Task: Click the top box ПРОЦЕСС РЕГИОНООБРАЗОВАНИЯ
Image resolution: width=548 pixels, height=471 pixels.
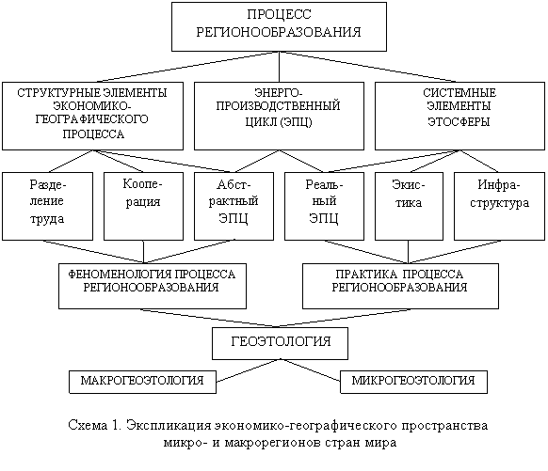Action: (279, 26)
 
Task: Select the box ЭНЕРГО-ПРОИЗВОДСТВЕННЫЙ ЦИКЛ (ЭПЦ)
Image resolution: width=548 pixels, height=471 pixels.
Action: (279, 117)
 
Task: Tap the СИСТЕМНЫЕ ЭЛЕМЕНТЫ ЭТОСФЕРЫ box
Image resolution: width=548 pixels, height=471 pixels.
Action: (459, 117)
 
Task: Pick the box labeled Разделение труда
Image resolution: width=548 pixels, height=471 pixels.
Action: (47, 206)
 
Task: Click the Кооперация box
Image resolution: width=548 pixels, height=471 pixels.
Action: (143, 206)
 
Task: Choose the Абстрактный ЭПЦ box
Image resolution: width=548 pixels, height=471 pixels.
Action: (234, 206)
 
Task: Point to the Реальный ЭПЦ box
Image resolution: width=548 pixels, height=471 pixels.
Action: (324, 206)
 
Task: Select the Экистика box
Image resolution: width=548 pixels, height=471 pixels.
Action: (409, 206)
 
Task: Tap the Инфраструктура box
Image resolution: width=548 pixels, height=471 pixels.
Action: (499, 206)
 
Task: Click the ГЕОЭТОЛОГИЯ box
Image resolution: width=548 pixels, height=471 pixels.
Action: (280, 343)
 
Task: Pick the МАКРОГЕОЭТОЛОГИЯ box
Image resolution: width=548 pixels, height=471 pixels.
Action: (142, 382)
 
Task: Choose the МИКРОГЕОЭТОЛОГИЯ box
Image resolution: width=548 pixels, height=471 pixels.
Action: (413, 382)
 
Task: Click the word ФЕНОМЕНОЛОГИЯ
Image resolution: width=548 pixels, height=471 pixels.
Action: (120, 275)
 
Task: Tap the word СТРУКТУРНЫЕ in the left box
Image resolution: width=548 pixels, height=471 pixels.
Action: (58, 93)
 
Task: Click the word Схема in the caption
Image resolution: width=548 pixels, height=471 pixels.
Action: (88, 426)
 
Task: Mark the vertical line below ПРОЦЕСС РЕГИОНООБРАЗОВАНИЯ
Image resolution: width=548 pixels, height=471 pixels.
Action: (280, 67)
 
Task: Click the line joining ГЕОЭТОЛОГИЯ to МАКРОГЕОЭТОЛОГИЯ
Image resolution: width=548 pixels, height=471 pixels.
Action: (249, 370)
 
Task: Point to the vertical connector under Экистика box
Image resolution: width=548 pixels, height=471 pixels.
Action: (409, 252)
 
